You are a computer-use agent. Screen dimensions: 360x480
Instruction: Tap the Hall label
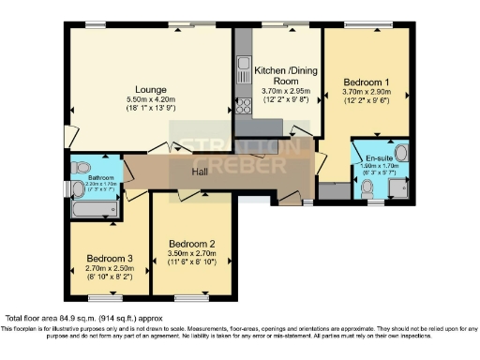[198, 172]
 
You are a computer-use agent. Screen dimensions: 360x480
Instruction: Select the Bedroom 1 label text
[367, 82]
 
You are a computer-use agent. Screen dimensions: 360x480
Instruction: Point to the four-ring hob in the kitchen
[244, 104]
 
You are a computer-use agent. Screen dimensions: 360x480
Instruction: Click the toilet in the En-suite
[368, 187]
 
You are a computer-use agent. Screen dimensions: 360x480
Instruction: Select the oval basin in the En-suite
[401, 152]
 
